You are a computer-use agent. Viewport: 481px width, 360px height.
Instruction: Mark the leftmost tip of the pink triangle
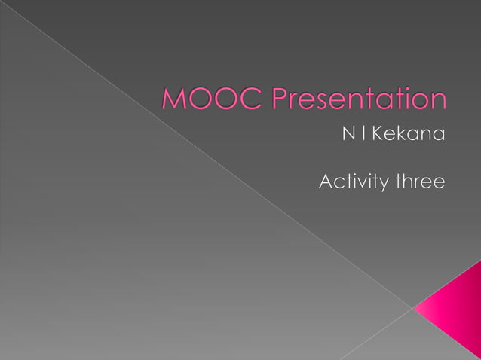point(414,307)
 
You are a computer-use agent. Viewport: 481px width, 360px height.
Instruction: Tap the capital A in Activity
point(326,182)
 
